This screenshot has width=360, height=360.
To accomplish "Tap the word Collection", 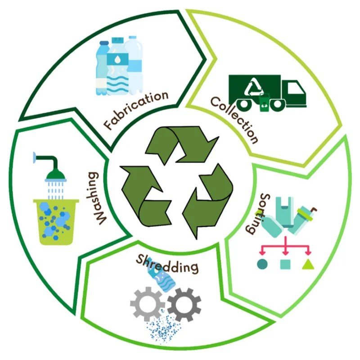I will (234, 119).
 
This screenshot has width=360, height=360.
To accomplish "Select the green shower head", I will (54, 169).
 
